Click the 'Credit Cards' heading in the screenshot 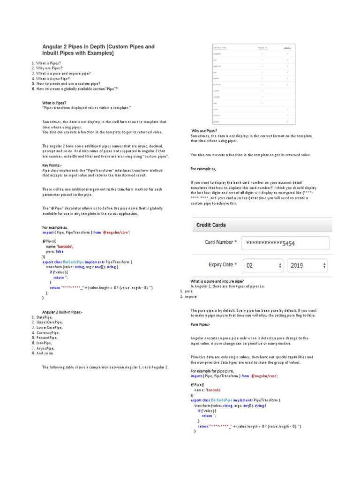[x=210, y=225]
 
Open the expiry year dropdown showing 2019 [x=307, y=265]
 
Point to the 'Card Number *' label [x=221, y=243]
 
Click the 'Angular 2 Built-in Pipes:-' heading [x=62, y=312]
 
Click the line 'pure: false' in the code [x=54, y=251]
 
